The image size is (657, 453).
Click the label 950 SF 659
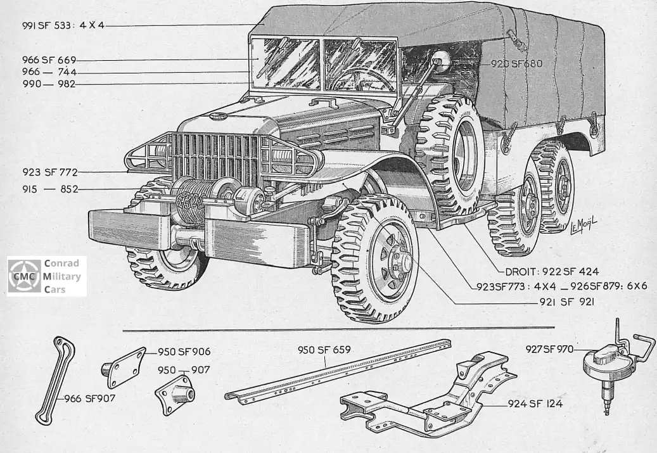click(324, 350)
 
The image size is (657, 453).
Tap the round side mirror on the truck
click(439, 61)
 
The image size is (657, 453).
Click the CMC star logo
click(24, 277)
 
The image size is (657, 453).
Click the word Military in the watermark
click(62, 277)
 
